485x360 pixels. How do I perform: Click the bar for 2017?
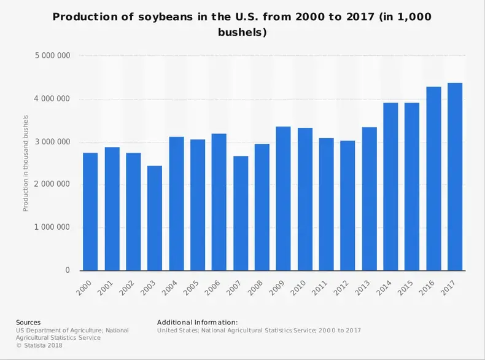pos(455,177)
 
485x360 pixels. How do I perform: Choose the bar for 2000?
pos(90,212)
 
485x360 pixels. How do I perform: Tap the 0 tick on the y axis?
pos(68,270)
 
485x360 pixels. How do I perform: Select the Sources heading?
pos(28,322)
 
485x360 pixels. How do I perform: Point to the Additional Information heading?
pos(197,322)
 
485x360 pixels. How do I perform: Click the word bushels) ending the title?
pos(242,32)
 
